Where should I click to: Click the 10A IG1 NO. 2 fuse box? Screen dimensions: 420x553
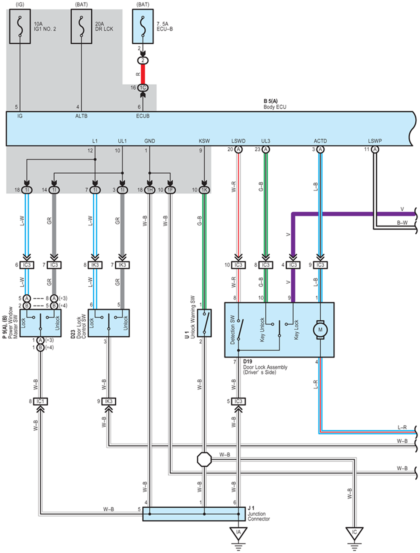(20, 27)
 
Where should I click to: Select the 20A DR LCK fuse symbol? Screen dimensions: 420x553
(81, 27)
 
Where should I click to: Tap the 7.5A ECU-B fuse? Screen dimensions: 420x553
(143, 27)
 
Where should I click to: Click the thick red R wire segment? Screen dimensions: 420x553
(143, 74)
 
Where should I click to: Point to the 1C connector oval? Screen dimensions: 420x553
(143, 88)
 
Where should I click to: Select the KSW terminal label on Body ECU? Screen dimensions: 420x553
(204, 141)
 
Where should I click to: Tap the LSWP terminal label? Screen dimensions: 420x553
(375, 141)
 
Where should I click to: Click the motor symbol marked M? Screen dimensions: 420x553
(320, 330)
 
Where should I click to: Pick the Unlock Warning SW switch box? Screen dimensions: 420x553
(204, 323)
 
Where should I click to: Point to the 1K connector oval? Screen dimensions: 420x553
(204, 190)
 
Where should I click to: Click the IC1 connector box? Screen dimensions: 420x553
(40, 401)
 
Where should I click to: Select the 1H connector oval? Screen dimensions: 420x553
(149, 190)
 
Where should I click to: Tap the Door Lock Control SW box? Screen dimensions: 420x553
(109, 323)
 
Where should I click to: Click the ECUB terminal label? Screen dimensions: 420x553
(143, 116)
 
